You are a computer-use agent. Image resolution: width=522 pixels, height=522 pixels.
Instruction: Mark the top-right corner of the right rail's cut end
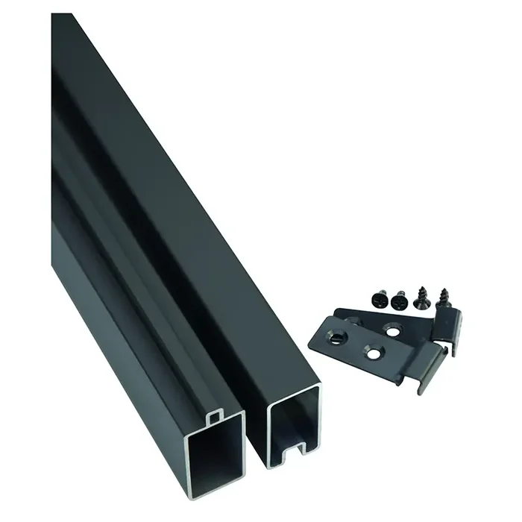tap(319, 386)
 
